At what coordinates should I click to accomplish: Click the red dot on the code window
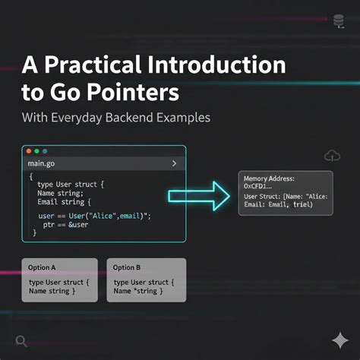click(x=27, y=151)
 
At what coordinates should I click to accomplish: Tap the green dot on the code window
click(x=45, y=151)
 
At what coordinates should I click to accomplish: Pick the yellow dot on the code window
click(x=36, y=151)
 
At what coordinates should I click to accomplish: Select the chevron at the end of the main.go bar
click(x=175, y=164)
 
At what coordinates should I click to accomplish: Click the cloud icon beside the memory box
click(x=332, y=156)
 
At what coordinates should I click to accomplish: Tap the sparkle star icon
click(x=339, y=339)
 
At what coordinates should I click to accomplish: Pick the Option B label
click(x=128, y=267)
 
